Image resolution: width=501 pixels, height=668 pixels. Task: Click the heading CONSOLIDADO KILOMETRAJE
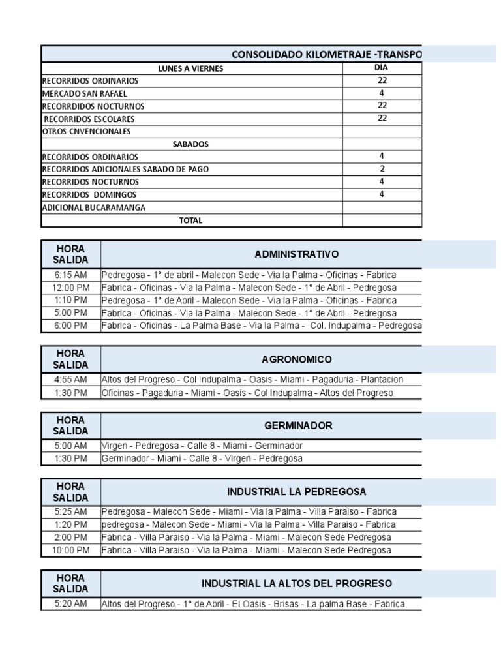click(327, 53)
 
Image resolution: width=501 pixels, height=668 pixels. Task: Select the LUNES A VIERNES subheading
click(190, 68)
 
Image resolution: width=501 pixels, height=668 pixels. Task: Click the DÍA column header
click(382, 68)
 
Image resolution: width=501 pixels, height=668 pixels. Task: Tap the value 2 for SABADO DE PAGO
click(382, 168)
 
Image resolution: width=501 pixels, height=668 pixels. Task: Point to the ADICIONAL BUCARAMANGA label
click(93, 207)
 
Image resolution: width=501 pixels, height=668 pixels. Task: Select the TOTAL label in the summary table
click(190, 220)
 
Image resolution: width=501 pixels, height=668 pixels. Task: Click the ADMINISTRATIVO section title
click(297, 254)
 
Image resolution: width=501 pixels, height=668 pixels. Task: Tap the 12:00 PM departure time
click(71, 288)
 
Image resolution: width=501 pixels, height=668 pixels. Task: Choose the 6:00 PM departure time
click(71, 325)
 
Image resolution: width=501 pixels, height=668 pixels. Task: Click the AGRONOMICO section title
click(297, 359)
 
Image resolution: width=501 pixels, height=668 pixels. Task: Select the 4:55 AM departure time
click(71, 380)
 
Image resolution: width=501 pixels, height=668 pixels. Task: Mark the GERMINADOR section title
click(298, 425)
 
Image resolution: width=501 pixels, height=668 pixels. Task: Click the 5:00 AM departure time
click(71, 446)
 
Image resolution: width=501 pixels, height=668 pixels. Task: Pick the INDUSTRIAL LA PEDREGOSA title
click(297, 491)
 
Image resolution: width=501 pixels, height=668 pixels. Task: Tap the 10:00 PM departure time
click(71, 550)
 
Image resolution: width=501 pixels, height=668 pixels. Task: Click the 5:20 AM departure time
click(71, 603)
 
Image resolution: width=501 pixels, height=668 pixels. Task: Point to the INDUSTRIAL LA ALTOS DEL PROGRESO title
click(297, 583)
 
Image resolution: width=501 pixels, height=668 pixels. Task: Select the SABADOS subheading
click(190, 144)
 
